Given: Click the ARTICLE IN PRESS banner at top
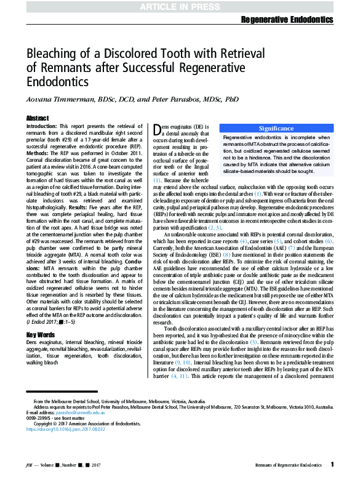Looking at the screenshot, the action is coord(180,6).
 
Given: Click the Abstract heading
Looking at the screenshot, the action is coord(38,118).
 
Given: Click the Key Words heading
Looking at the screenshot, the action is coord(41,335).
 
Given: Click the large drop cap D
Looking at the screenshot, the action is coord(158,129).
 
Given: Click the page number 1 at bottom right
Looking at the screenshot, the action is coord(332,464).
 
